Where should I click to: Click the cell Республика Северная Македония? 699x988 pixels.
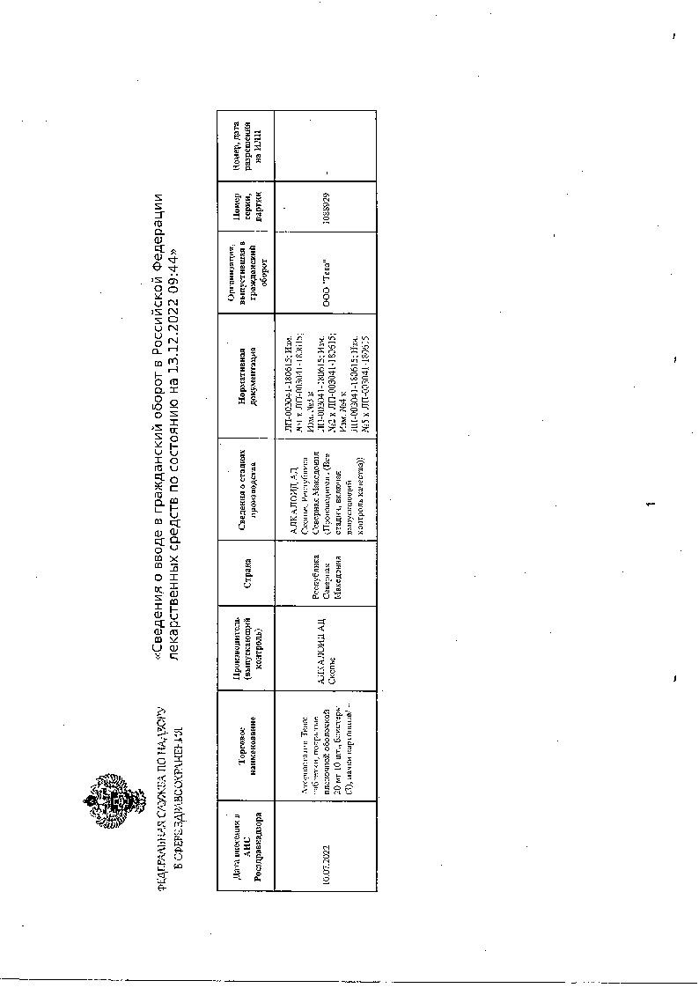327,573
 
